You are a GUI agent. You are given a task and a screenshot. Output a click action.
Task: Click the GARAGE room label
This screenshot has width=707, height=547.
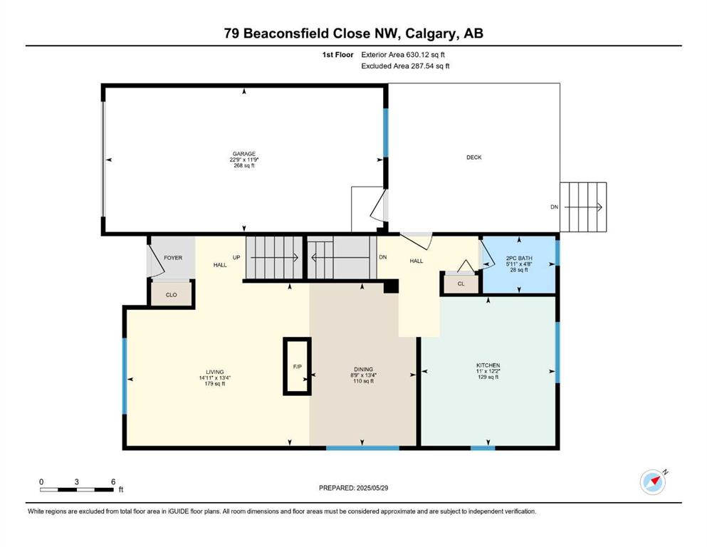tap(244, 154)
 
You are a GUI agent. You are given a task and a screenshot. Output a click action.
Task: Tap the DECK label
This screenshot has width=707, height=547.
tap(474, 157)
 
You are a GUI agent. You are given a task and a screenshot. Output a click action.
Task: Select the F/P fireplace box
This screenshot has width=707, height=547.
tap(297, 366)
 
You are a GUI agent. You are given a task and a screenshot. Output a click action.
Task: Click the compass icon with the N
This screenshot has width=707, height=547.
tap(653, 481)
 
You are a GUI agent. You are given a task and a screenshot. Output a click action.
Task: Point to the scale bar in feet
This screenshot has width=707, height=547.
tap(77, 489)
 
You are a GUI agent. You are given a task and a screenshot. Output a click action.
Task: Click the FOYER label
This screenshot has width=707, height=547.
tap(173, 258)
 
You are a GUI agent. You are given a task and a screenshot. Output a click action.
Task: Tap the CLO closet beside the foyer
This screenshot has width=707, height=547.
tap(172, 294)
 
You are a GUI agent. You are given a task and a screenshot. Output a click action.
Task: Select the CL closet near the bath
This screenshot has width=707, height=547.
tap(461, 283)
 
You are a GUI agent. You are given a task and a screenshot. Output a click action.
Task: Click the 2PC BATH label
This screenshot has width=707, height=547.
tap(519, 259)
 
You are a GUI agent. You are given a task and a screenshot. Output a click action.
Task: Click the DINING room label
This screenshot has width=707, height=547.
tap(363, 370)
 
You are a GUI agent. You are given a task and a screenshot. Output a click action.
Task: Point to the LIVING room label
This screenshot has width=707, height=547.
tap(214, 372)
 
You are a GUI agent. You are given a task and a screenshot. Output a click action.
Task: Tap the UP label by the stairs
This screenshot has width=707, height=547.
tap(236, 258)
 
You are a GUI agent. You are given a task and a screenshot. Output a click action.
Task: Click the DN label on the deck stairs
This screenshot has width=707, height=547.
tap(554, 207)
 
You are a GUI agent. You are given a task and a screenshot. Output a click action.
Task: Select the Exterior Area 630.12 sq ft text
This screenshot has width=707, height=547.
tap(403, 55)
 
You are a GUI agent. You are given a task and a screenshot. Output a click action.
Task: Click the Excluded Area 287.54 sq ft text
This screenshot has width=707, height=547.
tap(405, 66)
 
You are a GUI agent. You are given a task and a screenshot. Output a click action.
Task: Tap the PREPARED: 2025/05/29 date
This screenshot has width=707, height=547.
tap(353, 488)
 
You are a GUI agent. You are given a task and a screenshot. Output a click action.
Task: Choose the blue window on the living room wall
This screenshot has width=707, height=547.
tap(125, 375)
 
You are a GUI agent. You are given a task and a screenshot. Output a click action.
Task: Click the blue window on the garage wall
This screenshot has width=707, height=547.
tap(385, 132)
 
